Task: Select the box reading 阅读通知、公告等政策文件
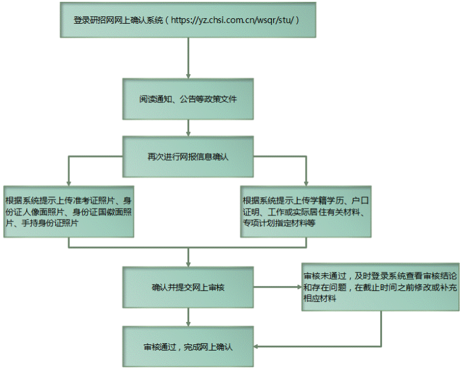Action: pos(188,99)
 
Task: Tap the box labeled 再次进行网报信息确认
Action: pos(188,156)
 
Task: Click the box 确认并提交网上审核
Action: pos(188,287)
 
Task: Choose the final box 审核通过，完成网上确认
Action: pos(188,346)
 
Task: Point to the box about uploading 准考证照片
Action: pos(69,212)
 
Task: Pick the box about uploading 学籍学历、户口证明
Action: pos(305,212)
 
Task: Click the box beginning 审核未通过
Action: pos(381,287)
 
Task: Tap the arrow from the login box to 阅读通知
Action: pos(188,58)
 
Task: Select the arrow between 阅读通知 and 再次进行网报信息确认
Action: pos(188,128)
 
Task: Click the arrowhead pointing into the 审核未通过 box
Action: pos(299,287)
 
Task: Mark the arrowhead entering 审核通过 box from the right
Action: pos(256,346)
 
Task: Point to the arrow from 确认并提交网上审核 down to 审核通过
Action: pos(188,317)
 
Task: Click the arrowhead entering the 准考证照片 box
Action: pos(69,183)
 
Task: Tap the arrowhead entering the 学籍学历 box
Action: pos(306,183)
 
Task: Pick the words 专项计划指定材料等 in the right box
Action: pos(279,223)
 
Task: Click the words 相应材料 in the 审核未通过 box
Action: pos(320,298)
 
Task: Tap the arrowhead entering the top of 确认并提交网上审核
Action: pos(188,264)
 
